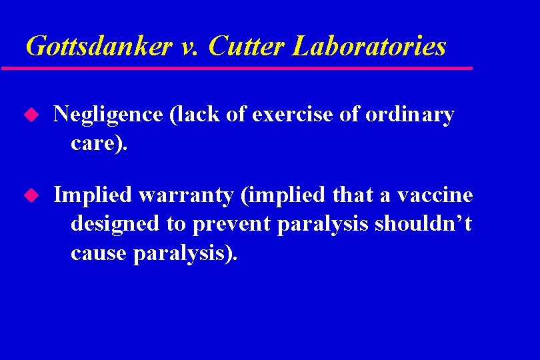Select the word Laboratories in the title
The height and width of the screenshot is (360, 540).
pos(369,47)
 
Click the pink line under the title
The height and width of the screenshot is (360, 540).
pos(237,68)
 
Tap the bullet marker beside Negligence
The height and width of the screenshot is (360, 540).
pos(29,115)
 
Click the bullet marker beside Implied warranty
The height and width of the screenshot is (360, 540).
pos(29,195)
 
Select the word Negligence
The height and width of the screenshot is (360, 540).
pos(108,115)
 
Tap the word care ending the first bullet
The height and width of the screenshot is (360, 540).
pos(95,144)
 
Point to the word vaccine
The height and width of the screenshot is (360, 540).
pos(435,195)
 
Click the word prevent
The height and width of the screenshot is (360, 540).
pos(229,225)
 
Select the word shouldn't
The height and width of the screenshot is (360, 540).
pos(423,224)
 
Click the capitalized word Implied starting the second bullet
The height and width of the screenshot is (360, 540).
pos(93,196)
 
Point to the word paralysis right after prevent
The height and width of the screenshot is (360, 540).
pos(321,225)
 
